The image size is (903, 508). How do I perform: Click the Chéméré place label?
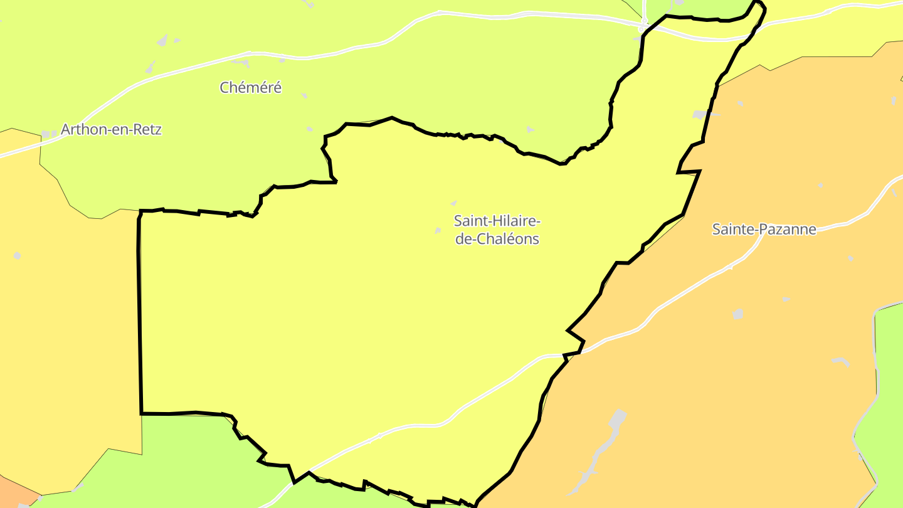click(250, 88)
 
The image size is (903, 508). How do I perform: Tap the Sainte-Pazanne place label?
click(764, 229)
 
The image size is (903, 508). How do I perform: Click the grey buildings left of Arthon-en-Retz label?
click(45, 134)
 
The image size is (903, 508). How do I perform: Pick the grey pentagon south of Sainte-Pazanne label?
click(737, 314)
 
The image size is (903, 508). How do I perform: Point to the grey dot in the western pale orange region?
click(17, 256)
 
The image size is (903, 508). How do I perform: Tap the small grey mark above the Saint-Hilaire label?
click(453, 203)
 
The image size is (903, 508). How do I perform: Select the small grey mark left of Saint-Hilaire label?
click(438, 231)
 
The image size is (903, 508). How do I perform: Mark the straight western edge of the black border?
click(139, 314)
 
